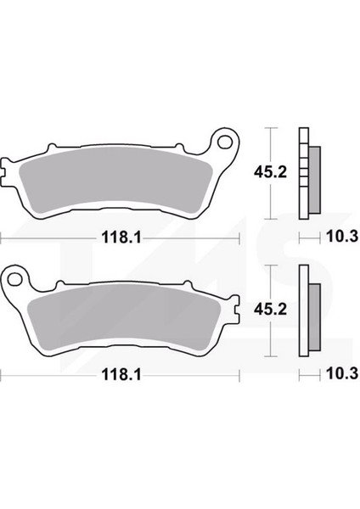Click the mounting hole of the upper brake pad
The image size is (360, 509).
click(224, 142)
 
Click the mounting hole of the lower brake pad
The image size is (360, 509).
click(14, 279)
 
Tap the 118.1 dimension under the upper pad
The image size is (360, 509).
click(121, 238)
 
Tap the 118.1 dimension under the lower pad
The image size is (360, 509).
click(121, 375)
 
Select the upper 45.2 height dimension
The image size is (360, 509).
click(270, 172)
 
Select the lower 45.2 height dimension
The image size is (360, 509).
click(270, 310)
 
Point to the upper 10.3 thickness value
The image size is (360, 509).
click(342, 237)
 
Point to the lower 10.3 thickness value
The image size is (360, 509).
click(342, 373)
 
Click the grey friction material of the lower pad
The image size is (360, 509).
click(123, 317)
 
